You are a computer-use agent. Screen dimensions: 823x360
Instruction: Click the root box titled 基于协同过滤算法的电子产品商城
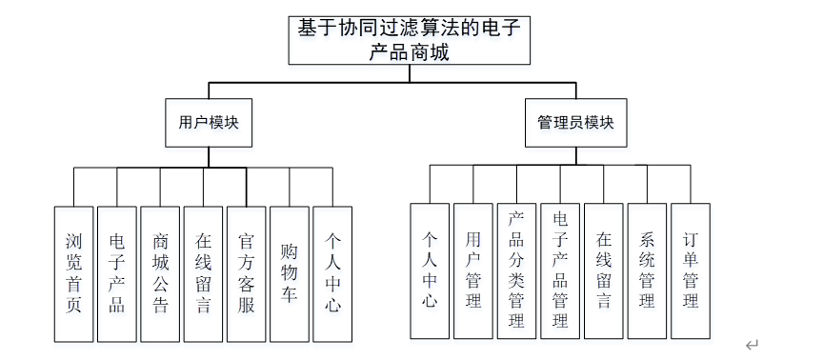point(410,40)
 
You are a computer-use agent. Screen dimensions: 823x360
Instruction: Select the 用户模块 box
point(209,123)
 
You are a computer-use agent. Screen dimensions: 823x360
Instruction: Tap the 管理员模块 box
point(575,123)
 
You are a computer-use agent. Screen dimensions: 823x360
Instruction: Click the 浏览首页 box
point(73,274)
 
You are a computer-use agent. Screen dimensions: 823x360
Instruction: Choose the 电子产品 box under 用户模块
point(116,274)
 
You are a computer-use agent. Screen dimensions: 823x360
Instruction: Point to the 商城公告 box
point(160,274)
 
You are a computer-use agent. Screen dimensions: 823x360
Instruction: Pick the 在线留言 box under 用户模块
point(203,274)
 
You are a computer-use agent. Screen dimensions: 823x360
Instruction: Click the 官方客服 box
point(246,274)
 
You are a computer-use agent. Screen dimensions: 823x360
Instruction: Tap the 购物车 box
point(290,274)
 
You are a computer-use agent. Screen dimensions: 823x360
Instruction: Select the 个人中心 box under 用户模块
point(332,274)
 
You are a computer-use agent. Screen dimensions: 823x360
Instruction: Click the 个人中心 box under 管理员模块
point(430,270)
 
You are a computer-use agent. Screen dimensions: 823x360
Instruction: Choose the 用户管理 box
point(472,270)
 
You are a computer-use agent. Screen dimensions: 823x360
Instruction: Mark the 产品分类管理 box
point(516,270)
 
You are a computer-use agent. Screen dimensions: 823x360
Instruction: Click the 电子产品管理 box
point(560,270)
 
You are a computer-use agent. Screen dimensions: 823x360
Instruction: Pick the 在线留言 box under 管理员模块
point(604,270)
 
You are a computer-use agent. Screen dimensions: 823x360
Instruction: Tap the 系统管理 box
point(647,270)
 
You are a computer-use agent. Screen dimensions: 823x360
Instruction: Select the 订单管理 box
point(691,270)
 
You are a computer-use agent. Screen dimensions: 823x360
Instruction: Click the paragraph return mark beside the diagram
point(753,345)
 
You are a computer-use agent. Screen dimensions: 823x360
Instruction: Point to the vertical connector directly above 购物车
point(290,187)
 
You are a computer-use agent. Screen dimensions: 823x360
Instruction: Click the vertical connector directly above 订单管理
point(691,184)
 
